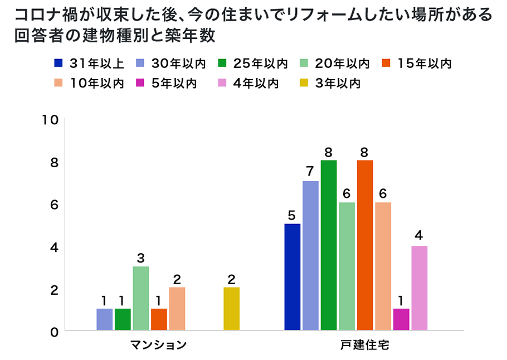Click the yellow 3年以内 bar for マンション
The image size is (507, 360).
coord(231,309)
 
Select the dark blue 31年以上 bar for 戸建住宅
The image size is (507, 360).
coord(292,277)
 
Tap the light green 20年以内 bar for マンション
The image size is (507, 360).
coord(140,298)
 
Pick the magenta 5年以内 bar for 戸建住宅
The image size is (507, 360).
coord(401,319)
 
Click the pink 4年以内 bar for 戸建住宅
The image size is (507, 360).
coord(419,288)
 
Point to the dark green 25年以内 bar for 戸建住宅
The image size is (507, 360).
coord(329,245)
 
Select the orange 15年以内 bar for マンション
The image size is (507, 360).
coord(159,319)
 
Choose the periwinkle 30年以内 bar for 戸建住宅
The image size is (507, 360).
coord(310,256)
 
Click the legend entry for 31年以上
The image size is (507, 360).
coord(92,63)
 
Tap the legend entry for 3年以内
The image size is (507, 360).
coord(331,84)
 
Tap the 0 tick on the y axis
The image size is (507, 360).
coord(54,332)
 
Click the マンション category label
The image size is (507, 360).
coord(158,346)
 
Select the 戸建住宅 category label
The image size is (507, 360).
coord(365,346)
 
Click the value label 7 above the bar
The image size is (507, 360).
coord(310,171)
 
